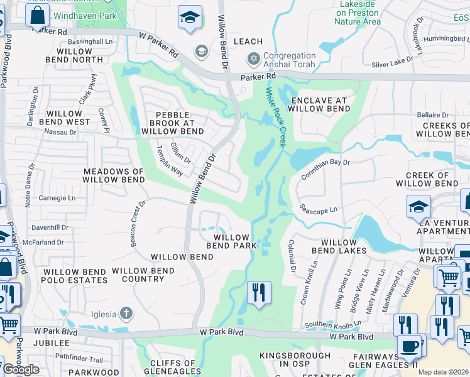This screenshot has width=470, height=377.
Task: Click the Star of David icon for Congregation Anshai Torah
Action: (254, 59)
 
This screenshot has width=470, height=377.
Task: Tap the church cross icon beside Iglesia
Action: (126, 312)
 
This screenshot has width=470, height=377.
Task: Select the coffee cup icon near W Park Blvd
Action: (410, 346)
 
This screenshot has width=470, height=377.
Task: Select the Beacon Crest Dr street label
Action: (138, 224)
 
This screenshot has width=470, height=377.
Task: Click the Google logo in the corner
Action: (21, 369)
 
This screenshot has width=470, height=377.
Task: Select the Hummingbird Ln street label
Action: (444, 38)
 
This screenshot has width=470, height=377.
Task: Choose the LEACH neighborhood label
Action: (248, 41)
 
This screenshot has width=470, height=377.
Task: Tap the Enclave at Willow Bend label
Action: (319, 104)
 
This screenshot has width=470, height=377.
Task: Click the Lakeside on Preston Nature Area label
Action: (357, 13)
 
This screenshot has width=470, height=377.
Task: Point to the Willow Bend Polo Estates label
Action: (74, 275)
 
